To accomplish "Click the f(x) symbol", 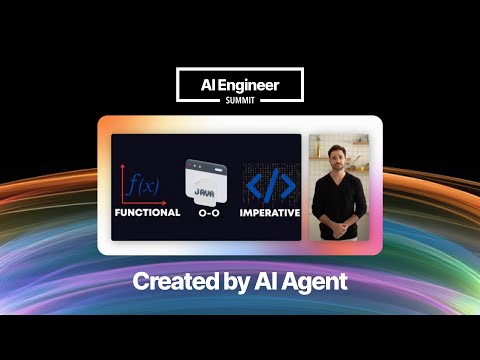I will pos(144,185).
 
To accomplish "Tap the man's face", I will pos(339,161).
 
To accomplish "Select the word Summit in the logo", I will pos(240,100).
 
